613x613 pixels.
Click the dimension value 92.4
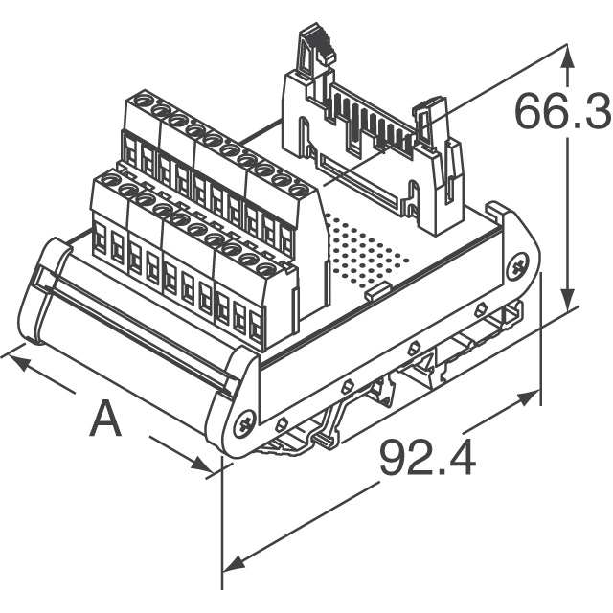tap(427, 458)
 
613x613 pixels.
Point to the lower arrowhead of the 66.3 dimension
tap(569, 299)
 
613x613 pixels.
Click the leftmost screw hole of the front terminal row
tap(108, 180)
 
